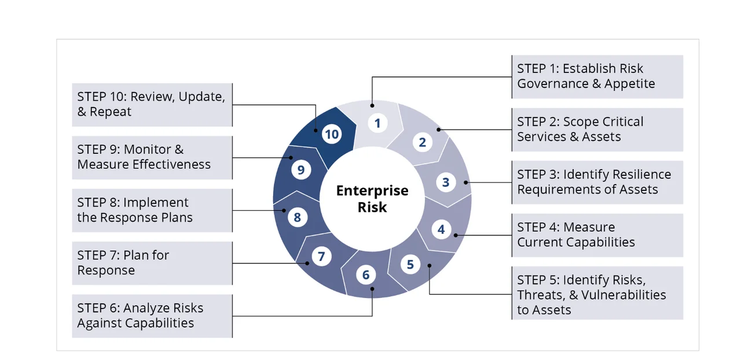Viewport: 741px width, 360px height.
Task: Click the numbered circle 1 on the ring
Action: tap(377, 123)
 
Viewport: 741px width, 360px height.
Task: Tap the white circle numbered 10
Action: tap(331, 135)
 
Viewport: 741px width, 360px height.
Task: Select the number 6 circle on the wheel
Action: tap(366, 275)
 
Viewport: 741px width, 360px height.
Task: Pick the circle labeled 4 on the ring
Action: tap(441, 229)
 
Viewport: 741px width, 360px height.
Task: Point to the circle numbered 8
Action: tap(297, 218)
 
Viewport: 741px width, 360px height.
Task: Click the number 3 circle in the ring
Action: tap(446, 182)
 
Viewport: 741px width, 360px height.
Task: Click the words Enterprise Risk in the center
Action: tap(372, 199)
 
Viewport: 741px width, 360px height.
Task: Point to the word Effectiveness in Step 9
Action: tap(172, 164)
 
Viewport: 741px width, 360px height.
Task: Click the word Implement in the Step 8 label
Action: tap(156, 203)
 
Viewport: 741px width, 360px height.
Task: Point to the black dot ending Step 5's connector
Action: tap(430, 266)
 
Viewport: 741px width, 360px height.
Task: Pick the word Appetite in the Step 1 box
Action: tap(630, 84)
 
